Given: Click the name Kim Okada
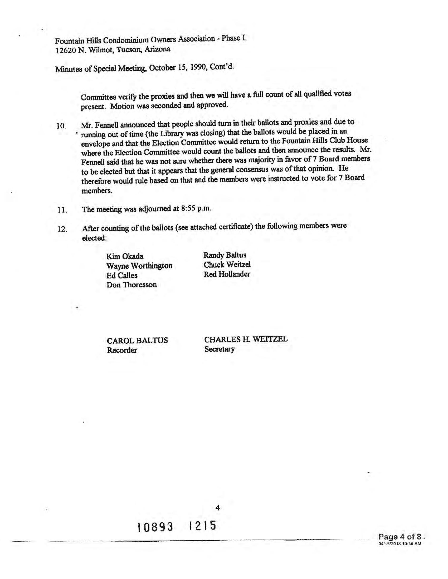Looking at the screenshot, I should (x=125, y=256).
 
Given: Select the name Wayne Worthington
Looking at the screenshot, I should (x=139, y=266).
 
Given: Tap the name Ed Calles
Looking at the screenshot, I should (x=122, y=276).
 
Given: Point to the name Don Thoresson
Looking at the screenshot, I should (x=132, y=285).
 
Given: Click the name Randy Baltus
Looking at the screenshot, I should (x=225, y=255).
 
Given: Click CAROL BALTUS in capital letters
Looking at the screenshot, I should (x=137, y=340).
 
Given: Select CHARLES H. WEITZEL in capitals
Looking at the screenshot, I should (x=246, y=339).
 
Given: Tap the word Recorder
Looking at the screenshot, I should (x=122, y=350).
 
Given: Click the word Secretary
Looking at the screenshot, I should (x=220, y=349).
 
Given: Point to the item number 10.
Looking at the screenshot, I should (x=61, y=126).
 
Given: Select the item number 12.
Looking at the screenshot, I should (x=62, y=229).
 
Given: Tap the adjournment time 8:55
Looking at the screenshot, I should (x=188, y=208).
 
